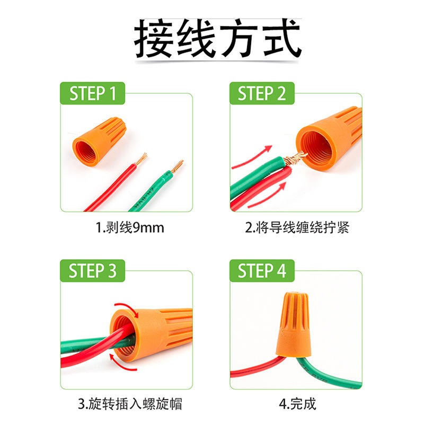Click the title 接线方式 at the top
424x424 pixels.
[218, 38]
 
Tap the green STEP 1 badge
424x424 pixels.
[92, 93]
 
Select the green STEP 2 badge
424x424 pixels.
[262, 93]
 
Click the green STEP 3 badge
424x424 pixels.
[92, 271]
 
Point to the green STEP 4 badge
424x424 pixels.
[262, 271]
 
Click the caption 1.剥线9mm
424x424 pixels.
[130, 227]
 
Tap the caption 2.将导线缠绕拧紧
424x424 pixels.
[297, 227]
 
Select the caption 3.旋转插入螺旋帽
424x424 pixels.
[130, 404]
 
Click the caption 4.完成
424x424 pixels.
[297, 404]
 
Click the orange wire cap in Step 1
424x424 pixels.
[99, 141]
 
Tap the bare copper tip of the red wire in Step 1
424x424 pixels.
[141, 159]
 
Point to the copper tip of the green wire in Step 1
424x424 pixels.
[177, 166]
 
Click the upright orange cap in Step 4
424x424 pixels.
[294, 324]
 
